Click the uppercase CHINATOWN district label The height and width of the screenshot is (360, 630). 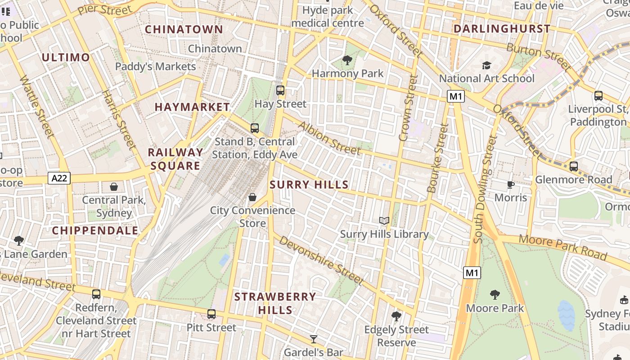point(184,29)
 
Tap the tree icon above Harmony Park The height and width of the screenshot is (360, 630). point(347,60)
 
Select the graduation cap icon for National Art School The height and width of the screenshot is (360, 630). point(486,66)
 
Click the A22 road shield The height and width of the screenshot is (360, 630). point(59,179)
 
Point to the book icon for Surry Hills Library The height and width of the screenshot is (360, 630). point(384,220)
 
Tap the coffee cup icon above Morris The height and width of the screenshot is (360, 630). point(510,184)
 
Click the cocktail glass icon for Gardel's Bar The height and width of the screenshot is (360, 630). point(314,339)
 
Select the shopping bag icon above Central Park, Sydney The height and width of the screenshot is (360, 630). point(114,186)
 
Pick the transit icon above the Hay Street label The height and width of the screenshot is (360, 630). point(280,90)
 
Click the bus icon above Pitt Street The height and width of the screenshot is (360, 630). point(211,314)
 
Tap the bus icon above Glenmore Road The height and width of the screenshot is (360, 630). point(574,166)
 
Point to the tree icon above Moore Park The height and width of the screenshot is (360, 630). point(495,295)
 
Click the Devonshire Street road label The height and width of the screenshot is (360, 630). point(321,260)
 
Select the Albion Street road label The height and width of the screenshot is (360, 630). point(329,138)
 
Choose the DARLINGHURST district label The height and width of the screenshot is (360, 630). point(502,29)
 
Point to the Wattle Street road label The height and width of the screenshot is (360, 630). point(37,106)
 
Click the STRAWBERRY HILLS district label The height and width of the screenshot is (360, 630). point(275,303)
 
